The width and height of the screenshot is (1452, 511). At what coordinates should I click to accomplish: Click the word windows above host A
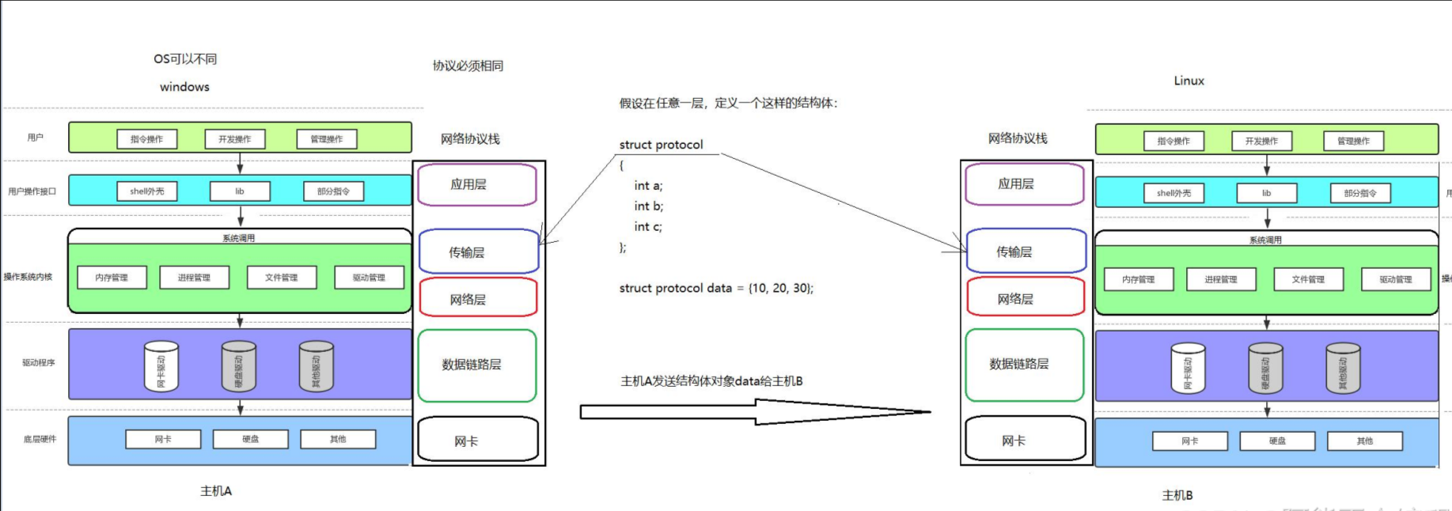pyautogui.click(x=184, y=87)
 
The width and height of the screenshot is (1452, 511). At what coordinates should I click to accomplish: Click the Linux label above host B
pyautogui.click(x=1189, y=81)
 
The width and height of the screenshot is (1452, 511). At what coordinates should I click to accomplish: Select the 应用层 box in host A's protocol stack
pyautogui.click(x=476, y=184)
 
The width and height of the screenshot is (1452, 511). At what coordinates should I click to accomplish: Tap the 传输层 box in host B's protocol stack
pyautogui.click(x=1025, y=252)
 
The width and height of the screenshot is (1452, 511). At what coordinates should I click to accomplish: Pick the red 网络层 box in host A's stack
pyautogui.click(x=477, y=298)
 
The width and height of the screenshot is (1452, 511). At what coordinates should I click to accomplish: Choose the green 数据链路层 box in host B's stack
pyautogui.click(x=1024, y=365)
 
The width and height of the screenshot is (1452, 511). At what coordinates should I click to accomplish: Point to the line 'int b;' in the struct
pyautogui.click(x=649, y=206)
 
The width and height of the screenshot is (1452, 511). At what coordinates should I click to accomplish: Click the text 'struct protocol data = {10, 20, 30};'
pyautogui.click(x=716, y=288)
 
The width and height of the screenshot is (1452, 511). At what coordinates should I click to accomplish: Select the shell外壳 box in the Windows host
pyautogui.click(x=147, y=191)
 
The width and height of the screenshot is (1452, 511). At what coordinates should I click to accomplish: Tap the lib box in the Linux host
pyautogui.click(x=1266, y=193)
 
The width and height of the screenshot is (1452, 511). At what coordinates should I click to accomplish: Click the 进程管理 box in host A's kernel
pyautogui.click(x=194, y=278)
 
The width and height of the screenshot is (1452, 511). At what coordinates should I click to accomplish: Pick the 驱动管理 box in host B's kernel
pyautogui.click(x=1395, y=279)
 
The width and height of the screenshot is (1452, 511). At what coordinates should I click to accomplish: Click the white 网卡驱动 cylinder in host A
pyautogui.click(x=161, y=366)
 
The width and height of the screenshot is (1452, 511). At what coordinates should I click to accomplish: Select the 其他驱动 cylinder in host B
pyautogui.click(x=1342, y=369)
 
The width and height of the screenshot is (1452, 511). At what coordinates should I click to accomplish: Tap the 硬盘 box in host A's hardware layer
pyautogui.click(x=250, y=439)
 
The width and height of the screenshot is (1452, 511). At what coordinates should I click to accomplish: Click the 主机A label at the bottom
pyautogui.click(x=216, y=491)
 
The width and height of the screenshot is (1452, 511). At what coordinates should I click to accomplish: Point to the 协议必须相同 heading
pyautogui.click(x=468, y=66)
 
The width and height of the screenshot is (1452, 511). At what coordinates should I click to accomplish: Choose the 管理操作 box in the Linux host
pyautogui.click(x=1353, y=141)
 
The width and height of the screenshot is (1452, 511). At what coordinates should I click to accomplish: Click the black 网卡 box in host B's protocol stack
pyautogui.click(x=1025, y=440)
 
